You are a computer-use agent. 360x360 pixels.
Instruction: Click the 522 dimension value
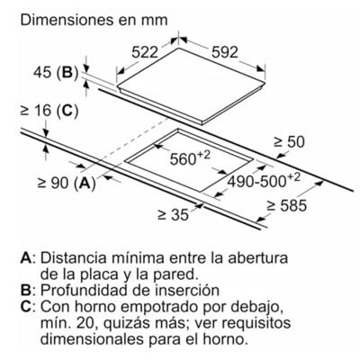tap(145, 52)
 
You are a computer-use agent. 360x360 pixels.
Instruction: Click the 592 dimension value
tap(225, 52)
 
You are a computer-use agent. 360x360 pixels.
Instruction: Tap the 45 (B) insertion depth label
tap(56, 73)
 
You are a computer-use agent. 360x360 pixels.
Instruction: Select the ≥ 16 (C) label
tap(49, 111)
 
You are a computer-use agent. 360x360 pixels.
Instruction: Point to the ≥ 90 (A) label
tap(67, 183)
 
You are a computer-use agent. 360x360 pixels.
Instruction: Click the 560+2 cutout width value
tap(190, 158)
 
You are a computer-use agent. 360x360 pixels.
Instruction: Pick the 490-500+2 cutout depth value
tap(264, 180)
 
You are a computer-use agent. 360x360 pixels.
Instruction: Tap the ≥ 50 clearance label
tap(289, 142)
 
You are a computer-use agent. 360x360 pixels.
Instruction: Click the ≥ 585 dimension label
tap(287, 206)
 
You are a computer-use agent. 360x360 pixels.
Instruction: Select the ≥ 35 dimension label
tap(174, 214)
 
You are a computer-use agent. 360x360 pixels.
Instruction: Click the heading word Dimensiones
tap(67, 20)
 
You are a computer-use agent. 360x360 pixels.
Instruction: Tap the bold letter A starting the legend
tap(26, 258)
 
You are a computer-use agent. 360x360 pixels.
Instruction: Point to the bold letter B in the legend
tap(26, 291)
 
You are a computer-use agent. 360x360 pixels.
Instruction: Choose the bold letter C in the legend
tap(26, 307)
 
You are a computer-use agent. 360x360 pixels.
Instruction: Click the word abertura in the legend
tap(257, 258)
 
